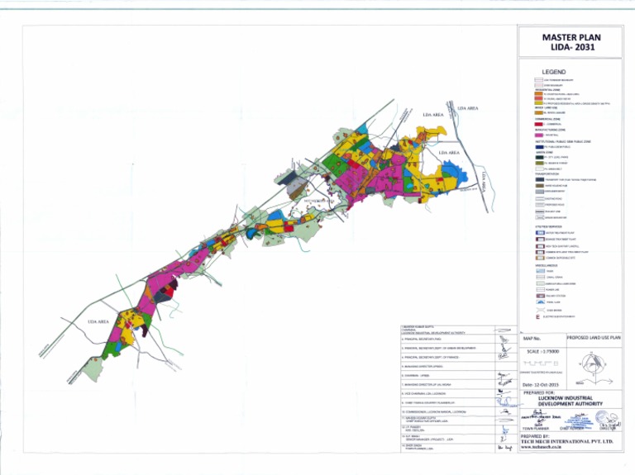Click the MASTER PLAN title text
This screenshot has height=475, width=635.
click(x=571, y=37)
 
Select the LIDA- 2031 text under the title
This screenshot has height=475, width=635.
click(x=571, y=48)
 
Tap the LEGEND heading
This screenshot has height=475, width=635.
click(x=553, y=73)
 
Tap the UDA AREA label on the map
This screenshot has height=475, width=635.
click(x=98, y=321)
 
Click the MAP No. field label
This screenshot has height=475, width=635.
click(x=532, y=339)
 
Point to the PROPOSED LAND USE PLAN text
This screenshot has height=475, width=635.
click(x=593, y=339)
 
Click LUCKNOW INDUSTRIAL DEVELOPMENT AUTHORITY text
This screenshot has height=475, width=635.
click(x=571, y=401)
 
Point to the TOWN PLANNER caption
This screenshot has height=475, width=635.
click(x=537, y=429)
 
